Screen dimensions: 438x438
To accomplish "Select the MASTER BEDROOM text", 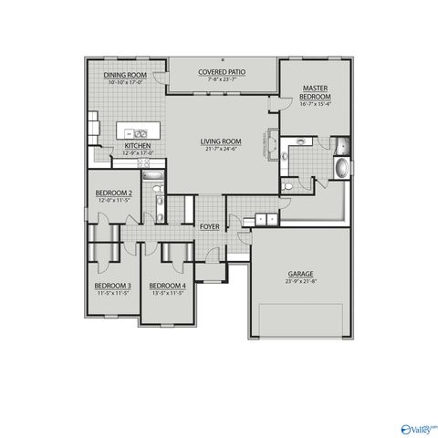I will (315, 92).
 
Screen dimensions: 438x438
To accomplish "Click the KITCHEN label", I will (137, 146).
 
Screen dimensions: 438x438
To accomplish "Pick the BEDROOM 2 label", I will (114, 193).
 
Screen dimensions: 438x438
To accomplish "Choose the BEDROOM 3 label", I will (113, 286).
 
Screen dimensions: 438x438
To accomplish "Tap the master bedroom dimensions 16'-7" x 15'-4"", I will (315, 105).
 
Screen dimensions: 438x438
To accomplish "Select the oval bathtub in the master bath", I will (341, 169).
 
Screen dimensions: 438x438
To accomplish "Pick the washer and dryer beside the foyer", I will (266, 219).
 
